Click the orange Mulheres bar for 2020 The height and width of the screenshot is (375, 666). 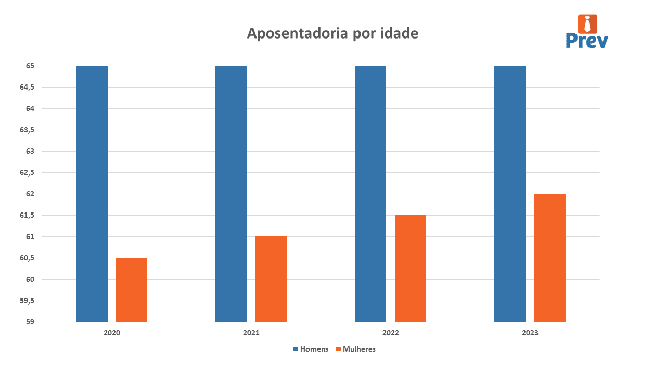[132, 290]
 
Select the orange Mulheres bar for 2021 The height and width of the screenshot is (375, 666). [271, 279]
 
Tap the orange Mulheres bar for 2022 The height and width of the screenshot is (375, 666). [410, 268]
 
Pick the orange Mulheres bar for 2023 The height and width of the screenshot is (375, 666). [549, 258]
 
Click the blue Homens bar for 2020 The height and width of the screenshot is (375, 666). [92, 194]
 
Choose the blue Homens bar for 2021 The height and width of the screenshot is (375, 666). [231, 194]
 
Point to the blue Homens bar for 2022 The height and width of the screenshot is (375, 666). [370, 194]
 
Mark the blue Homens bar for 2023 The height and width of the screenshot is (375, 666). [510, 194]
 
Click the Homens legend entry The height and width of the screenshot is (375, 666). [311, 349]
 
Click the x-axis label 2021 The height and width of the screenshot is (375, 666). [251, 332]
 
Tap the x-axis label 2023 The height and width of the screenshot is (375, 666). [530, 332]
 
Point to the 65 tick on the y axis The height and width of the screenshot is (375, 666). [29, 66]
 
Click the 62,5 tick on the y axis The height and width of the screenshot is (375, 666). [27, 173]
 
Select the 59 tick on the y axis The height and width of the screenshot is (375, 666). [29, 322]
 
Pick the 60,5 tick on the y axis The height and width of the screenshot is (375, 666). [27, 258]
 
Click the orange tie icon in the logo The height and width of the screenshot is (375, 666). [587, 24]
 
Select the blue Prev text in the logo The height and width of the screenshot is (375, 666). [587, 41]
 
